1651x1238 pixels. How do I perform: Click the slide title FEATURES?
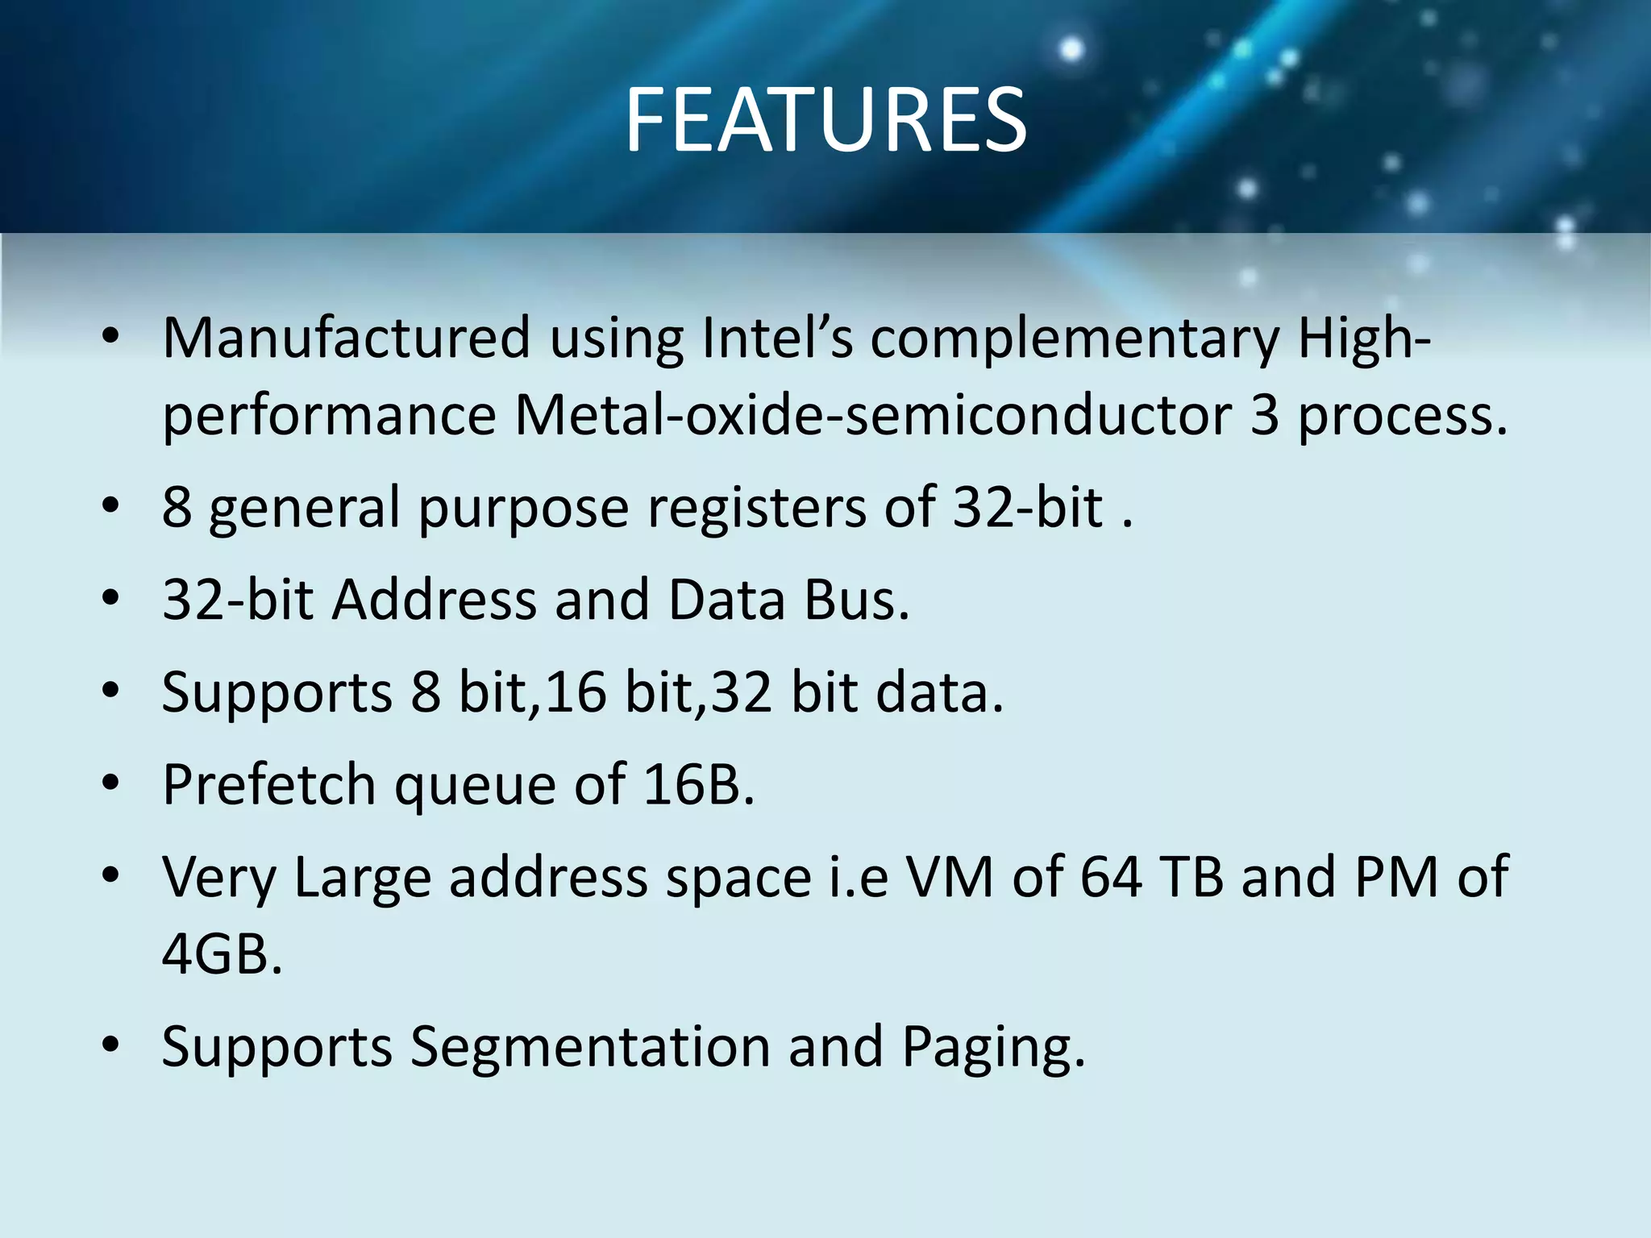click(x=825, y=121)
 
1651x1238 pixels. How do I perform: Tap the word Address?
click(x=435, y=600)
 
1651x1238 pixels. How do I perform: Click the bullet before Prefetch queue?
click(x=111, y=783)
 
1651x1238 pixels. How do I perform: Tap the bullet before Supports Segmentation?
click(x=111, y=1045)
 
